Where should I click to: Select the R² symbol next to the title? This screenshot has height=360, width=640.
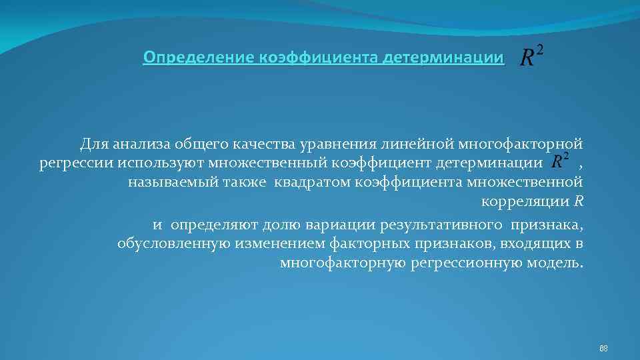point(531,57)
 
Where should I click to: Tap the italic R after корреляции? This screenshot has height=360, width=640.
point(579,202)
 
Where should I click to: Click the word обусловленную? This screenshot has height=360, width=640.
point(174,243)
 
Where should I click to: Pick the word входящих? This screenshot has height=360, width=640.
point(538,243)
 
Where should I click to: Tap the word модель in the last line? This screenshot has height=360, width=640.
point(557,263)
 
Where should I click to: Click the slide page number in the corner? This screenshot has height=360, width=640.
point(603,348)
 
